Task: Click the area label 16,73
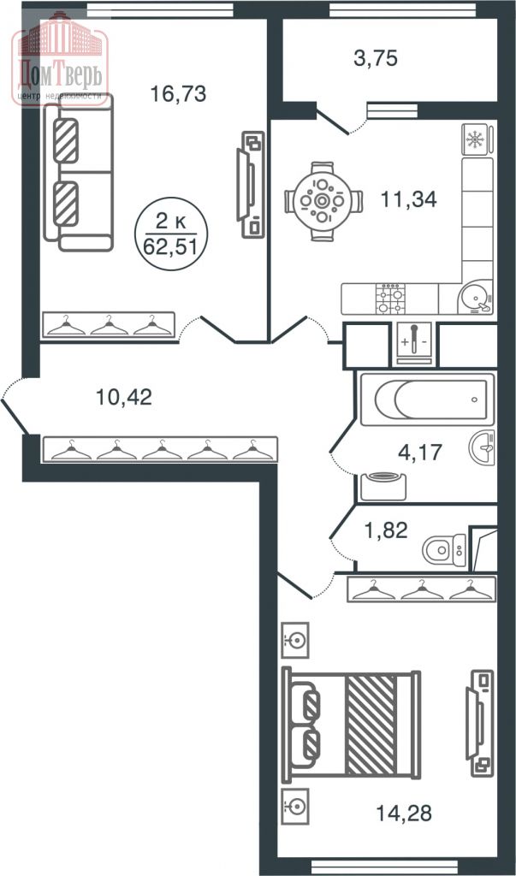178,94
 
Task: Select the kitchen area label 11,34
408,200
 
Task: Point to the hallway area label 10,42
123,397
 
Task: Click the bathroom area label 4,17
419,451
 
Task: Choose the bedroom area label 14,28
401,807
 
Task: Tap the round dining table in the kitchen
321,202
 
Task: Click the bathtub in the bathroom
426,399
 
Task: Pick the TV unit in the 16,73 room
252,183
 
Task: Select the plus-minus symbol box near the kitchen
415,345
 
